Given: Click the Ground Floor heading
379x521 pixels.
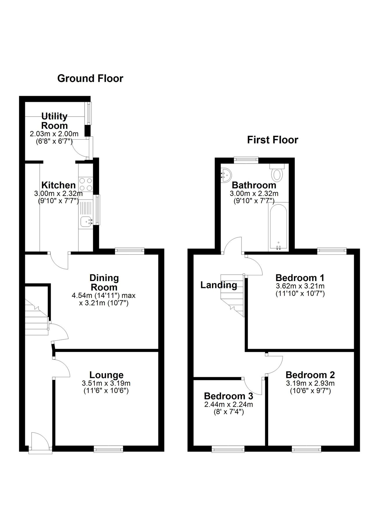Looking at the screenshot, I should (90, 78).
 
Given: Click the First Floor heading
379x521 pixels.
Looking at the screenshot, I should (272, 140).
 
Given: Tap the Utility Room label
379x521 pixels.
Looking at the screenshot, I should (54, 121).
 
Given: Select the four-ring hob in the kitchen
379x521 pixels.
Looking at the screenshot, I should (85, 184).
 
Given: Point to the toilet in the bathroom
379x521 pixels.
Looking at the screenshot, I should (277, 175).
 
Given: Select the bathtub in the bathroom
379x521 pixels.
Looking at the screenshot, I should (278, 226).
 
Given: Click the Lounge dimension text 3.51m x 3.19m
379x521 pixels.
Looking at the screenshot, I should (106, 384).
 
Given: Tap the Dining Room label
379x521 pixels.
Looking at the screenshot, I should (104, 282).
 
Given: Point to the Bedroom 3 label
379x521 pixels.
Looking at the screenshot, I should (228, 396).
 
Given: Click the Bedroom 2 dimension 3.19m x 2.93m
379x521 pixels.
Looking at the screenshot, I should (310, 384).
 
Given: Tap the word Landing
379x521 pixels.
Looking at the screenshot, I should (219, 285).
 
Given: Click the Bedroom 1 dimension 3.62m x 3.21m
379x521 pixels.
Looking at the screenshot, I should (300, 286).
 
